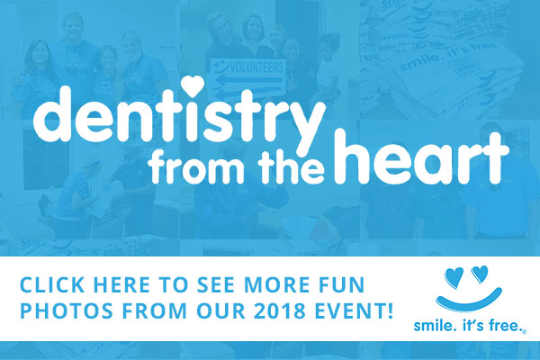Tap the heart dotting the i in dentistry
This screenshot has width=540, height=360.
tap(193, 85)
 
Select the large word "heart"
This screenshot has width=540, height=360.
tap(421, 157)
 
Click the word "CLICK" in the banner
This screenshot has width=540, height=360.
tap(52, 285)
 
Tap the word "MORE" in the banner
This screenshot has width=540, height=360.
tap(274, 285)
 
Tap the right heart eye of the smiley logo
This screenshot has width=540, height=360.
tap(480, 274)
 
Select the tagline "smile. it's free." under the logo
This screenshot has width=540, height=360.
tap(468, 325)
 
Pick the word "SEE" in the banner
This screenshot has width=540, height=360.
tap(214, 285)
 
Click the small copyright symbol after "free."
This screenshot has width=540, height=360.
tap(525, 332)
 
